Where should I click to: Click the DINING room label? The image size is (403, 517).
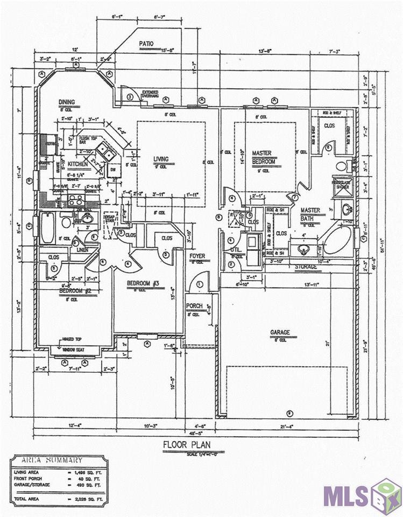click(x=67, y=102)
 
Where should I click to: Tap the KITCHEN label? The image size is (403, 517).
click(x=77, y=164)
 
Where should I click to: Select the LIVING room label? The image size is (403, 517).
click(x=161, y=159)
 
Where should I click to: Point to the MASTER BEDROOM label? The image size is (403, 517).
click(x=264, y=157)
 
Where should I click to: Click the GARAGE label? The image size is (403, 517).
click(x=280, y=332)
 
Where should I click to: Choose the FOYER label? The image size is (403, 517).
click(x=197, y=256)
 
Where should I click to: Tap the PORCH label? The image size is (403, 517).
click(x=194, y=306)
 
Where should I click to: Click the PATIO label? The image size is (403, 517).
click(x=146, y=44)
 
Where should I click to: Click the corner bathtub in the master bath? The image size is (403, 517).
click(x=337, y=239)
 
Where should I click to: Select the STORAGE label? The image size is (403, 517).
click(x=305, y=267)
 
